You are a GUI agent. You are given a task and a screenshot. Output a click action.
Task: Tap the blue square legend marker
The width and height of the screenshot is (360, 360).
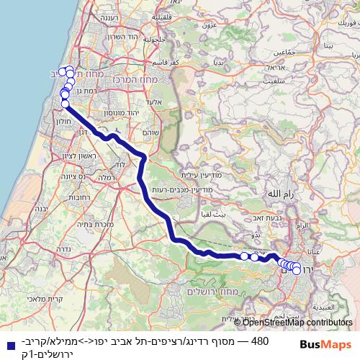coord(9,345)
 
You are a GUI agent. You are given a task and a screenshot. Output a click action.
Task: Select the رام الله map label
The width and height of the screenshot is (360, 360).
coord(279,194)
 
